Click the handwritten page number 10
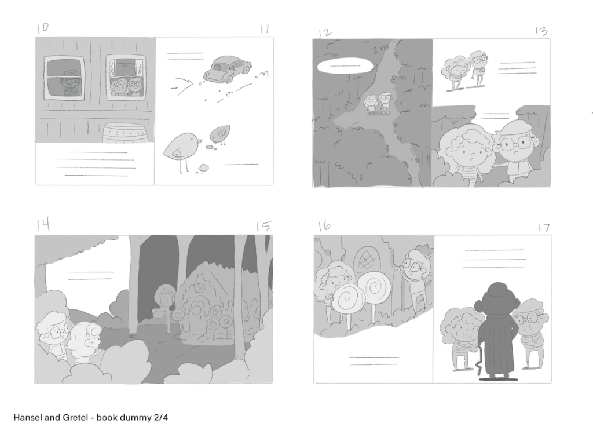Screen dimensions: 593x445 click(x=43, y=28)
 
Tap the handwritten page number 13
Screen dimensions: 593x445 click(x=541, y=31)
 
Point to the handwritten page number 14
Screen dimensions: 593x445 click(x=43, y=225)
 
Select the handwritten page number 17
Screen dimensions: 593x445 click(x=543, y=228)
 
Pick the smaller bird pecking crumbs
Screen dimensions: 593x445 click(x=220, y=134)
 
